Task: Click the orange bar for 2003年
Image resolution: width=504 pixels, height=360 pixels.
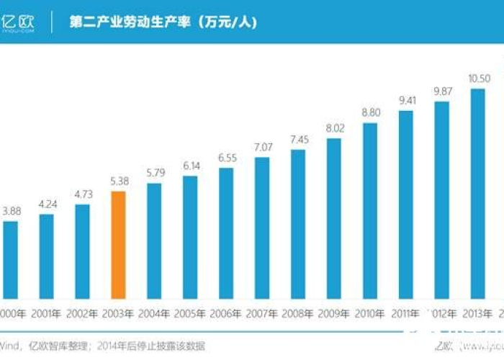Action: point(118,245)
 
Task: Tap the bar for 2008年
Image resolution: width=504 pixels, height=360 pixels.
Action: point(298,224)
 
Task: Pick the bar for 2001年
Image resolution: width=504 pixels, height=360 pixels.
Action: point(46,256)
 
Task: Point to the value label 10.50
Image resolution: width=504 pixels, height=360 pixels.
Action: point(479,78)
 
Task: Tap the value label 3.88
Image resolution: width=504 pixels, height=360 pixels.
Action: point(12,210)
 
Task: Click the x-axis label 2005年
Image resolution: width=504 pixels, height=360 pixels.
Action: point(190,314)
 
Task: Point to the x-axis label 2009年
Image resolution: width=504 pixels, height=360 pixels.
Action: point(334,314)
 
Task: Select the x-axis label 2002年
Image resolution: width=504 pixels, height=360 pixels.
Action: point(82,314)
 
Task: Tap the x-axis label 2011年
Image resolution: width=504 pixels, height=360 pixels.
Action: point(406,314)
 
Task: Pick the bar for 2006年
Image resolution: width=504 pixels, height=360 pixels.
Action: point(226,233)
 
